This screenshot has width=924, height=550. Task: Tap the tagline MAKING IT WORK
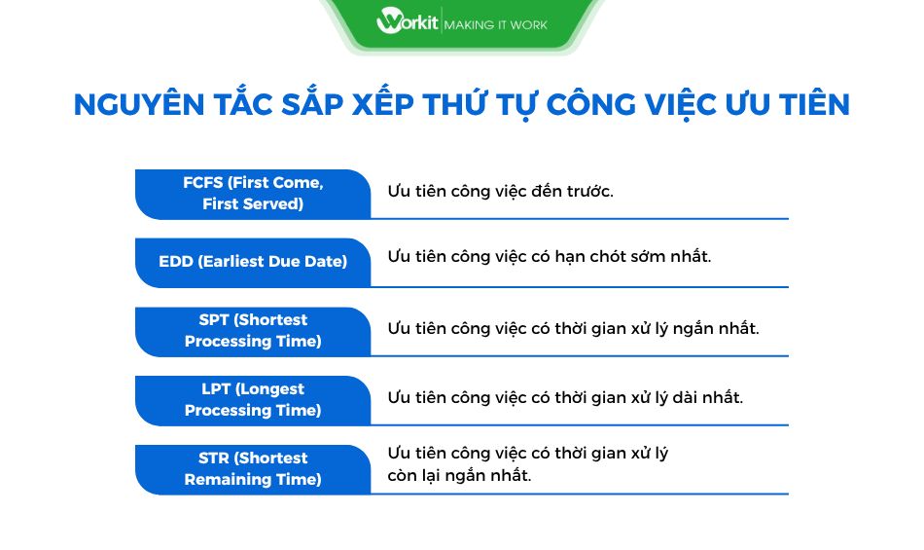click(x=495, y=22)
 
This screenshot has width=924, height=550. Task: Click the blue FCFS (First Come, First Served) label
click(x=253, y=194)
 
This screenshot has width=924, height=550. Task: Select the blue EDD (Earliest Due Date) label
click(x=253, y=262)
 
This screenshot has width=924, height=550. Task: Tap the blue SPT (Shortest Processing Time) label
click(x=253, y=331)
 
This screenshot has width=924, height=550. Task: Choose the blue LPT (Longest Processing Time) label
click(x=253, y=400)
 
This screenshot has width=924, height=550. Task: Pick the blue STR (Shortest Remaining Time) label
click(x=253, y=469)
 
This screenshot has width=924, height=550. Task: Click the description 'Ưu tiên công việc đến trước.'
click(x=500, y=191)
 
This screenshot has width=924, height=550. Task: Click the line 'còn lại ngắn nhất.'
click(x=459, y=476)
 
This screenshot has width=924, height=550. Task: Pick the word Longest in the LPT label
click(x=269, y=389)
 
